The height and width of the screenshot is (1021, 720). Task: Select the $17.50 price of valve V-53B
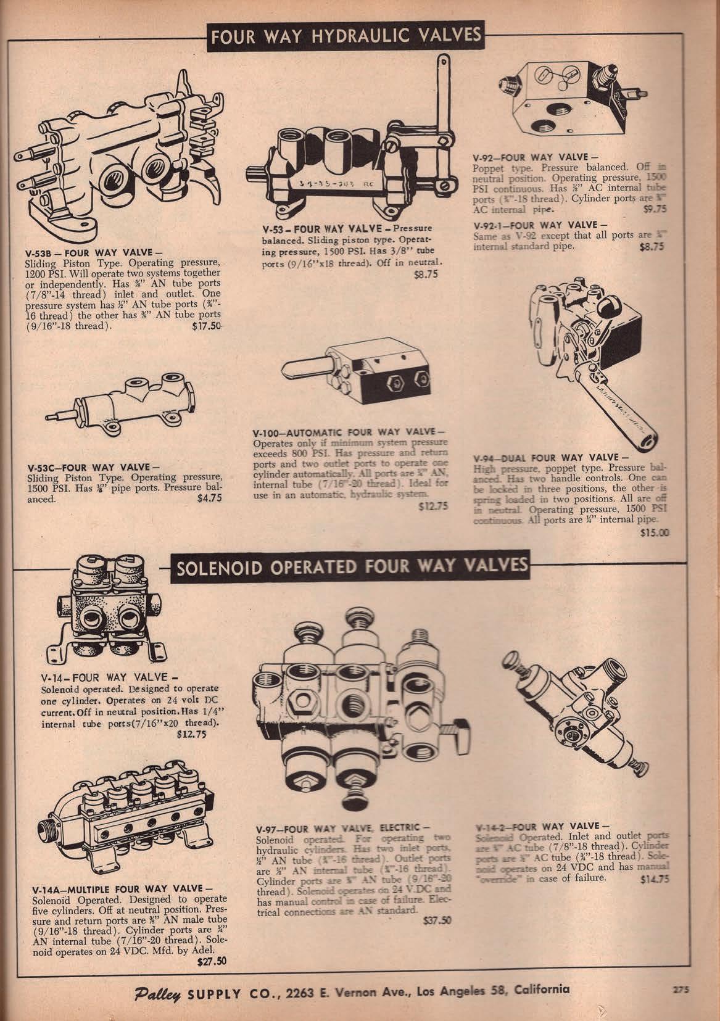click(x=207, y=326)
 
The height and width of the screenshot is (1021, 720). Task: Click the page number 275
click(x=680, y=988)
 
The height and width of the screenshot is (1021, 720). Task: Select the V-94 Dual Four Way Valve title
click(x=550, y=457)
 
